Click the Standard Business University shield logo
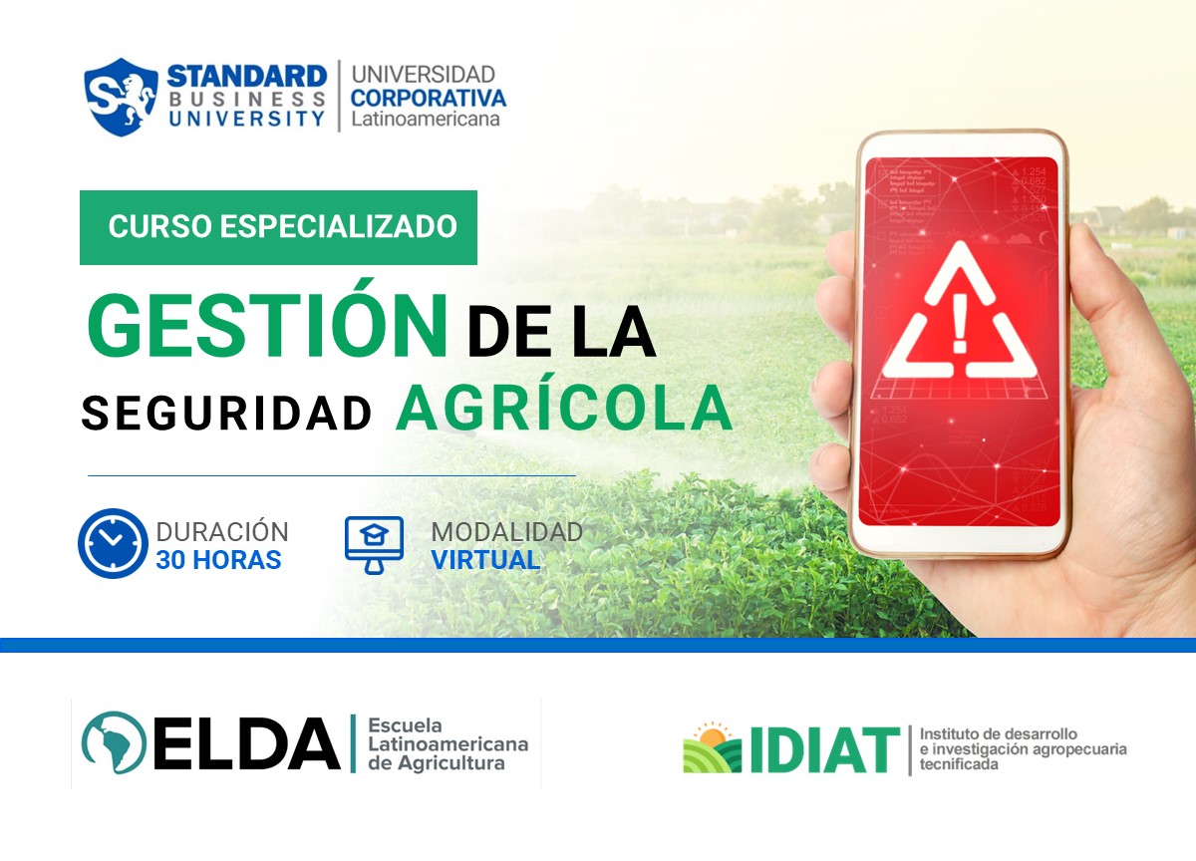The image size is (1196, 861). [x=122, y=97]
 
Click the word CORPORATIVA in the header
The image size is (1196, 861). [x=428, y=98]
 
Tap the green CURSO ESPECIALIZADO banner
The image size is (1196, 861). [x=279, y=227]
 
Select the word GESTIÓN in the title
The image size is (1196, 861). [x=267, y=327]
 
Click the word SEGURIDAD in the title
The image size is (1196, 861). [x=226, y=413]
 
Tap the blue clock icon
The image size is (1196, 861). [x=112, y=544]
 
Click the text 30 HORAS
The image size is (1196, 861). [x=218, y=560]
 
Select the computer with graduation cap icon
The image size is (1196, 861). [x=374, y=544]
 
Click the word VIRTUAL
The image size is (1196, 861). [x=485, y=560]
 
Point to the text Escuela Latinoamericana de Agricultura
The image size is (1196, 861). [x=448, y=744]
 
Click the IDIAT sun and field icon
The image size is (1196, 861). [x=712, y=748]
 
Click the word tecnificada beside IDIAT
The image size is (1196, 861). [x=958, y=765]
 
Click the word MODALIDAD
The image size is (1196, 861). [x=506, y=532]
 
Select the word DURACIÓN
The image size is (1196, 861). [x=222, y=532]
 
